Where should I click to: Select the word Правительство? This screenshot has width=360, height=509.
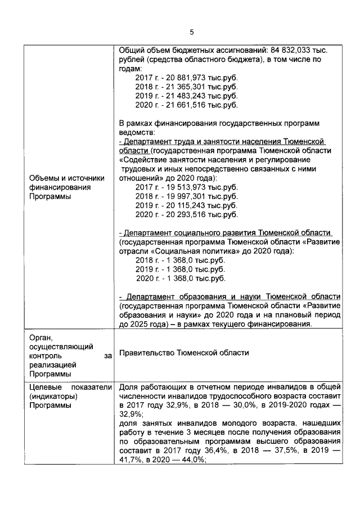coord(147,353)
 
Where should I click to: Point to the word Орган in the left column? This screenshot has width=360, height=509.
coord(40,337)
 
